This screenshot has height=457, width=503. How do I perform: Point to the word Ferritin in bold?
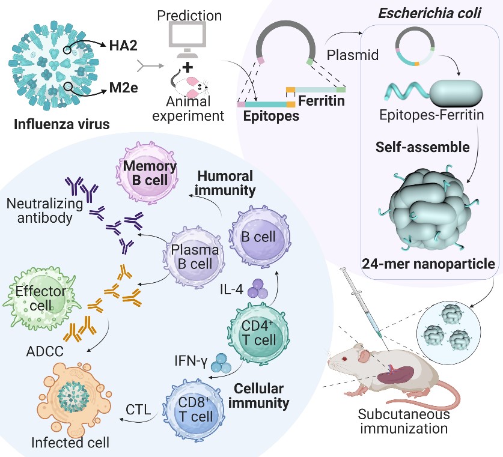point(322,100)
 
